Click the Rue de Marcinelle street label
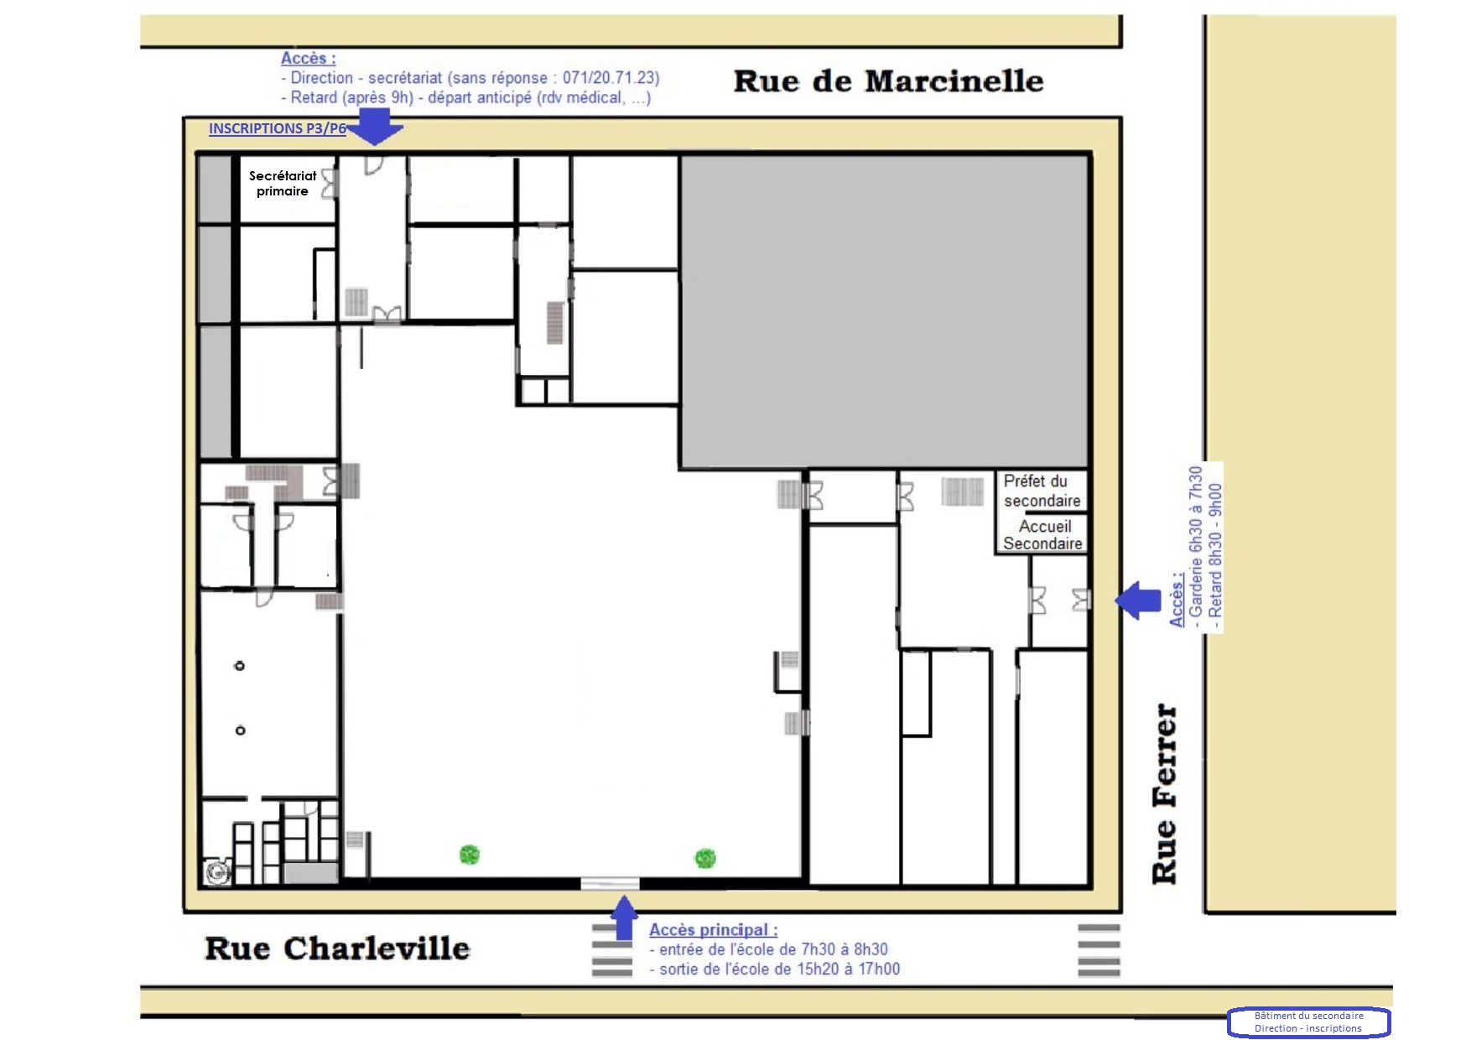pos(888,81)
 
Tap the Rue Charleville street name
pos(337,949)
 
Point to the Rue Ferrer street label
pos(1165,793)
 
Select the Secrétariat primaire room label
pos(283,183)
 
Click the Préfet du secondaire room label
pos(1042,491)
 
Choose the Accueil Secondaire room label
pos(1042,534)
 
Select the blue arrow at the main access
pos(622,918)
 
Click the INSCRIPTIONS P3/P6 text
pos(277,128)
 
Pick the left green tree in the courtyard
pos(470,855)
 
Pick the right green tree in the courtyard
pos(705,858)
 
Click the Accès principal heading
pos(713,929)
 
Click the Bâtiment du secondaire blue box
pos(1308,1022)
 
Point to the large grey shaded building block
pos(884,311)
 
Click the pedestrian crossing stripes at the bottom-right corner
pos(1099,950)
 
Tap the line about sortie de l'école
pos(775,969)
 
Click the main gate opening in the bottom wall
pos(610,883)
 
